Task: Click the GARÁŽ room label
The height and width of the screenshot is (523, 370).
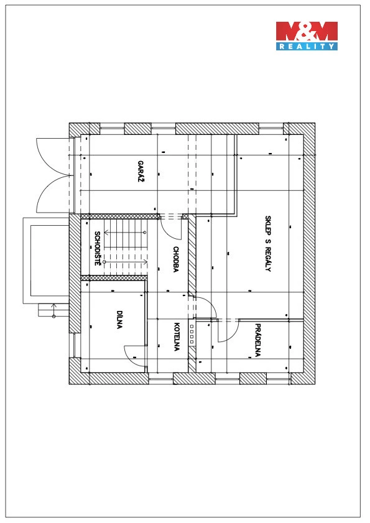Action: (141, 172)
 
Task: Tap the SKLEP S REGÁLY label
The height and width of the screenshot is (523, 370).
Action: (268, 244)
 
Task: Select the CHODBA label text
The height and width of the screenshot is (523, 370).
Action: (176, 259)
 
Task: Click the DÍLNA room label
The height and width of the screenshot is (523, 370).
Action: (119, 320)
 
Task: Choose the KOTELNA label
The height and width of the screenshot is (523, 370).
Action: (177, 336)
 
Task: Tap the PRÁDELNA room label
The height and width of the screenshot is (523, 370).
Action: (257, 340)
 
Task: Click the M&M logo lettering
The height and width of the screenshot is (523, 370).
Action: (307, 31)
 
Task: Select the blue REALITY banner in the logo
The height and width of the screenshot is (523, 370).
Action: (307, 47)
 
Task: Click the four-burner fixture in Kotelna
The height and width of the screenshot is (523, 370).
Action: (192, 334)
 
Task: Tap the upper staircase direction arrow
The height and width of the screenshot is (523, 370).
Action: (124, 232)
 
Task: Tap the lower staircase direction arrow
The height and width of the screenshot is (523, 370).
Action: (126, 262)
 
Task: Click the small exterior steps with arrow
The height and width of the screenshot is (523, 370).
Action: (53, 310)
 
